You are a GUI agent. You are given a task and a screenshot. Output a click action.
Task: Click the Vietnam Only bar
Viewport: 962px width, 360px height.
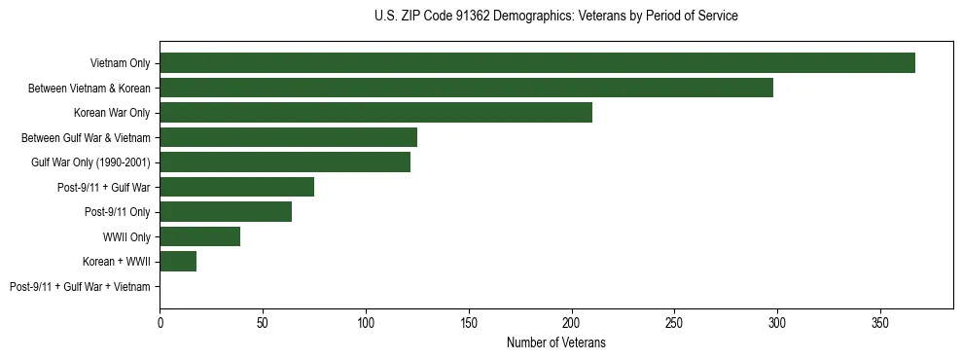pyautogui.click(x=537, y=63)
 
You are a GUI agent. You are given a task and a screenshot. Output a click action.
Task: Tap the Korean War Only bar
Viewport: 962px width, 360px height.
pyautogui.click(x=375, y=113)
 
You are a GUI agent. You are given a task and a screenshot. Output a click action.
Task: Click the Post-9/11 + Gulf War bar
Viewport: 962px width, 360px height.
pyautogui.click(x=236, y=187)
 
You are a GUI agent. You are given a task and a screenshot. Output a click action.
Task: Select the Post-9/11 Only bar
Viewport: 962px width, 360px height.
pyautogui.click(x=226, y=212)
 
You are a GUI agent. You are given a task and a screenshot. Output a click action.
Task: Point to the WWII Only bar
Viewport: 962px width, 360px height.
pyautogui.click(x=199, y=236)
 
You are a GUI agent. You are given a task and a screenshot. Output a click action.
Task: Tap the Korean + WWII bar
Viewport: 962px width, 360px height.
pyautogui.click(x=178, y=262)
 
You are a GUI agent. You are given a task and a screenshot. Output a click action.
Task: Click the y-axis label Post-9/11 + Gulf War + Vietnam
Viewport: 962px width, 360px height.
pyautogui.click(x=80, y=287)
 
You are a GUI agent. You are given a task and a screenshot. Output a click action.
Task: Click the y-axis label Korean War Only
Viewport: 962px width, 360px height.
pyautogui.click(x=112, y=113)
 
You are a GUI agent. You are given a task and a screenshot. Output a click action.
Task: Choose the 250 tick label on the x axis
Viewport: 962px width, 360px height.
pyautogui.click(x=674, y=320)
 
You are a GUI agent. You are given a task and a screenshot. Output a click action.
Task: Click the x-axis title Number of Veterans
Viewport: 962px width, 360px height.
pyautogui.click(x=555, y=342)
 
